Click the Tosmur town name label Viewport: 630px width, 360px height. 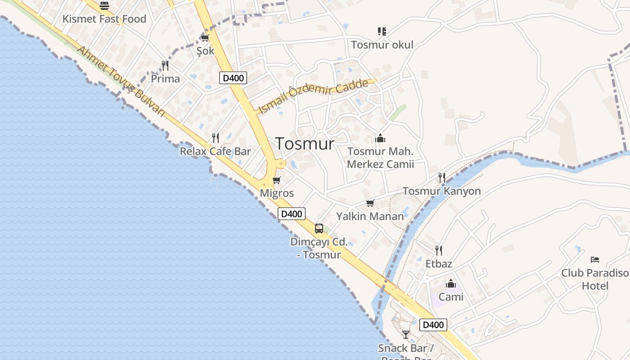(x=305, y=144)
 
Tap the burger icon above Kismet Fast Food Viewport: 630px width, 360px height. (x=104, y=6)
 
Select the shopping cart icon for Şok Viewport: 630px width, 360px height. (x=205, y=38)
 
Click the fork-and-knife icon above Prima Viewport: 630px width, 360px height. (x=165, y=66)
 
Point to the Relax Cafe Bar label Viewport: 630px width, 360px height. (x=215, y=151)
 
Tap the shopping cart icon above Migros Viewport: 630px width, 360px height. (x=277, y=180)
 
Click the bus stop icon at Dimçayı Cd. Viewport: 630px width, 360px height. (x=319, y=229)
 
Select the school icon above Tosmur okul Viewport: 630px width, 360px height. (x=382, y=31)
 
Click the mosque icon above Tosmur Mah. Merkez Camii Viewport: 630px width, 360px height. (x=380, y=138)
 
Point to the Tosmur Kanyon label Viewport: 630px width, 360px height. (x=441, y=191)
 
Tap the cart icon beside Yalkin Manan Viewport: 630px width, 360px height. (x=370, y=203)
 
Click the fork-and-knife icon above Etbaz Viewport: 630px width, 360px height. (x=439, y=251)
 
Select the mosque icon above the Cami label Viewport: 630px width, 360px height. (x=451, y=284)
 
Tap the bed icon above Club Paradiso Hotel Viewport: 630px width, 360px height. (x=595, y=260)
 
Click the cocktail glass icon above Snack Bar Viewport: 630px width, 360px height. (x=406, y=334)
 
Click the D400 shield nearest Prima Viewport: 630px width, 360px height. (x=233, y=78)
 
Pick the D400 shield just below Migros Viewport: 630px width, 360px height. (x=292, y=214)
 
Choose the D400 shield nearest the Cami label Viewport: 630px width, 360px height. (x=433, y=325)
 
